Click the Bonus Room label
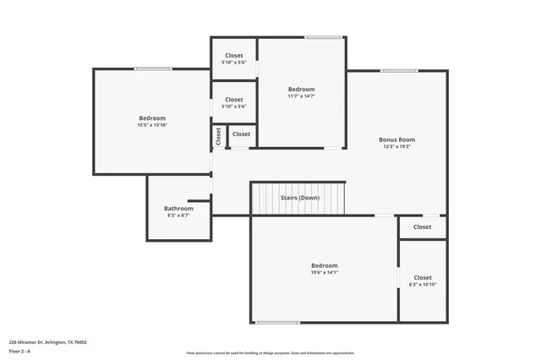(x=396, y=139)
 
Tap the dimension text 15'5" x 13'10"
(x=152, y=125)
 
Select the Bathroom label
(x=178, y=208)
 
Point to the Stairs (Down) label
(x=300, y=198)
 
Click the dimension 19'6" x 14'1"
(x=324, y=272)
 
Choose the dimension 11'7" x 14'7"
(x=301, y=96)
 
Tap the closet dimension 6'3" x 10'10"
(x=422, y=285)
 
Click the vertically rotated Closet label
(x=218, y=136)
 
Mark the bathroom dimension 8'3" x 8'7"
(x=178, y=215)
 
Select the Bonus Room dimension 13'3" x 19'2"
(x=396, y=147)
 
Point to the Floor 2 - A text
(x=21, y=351)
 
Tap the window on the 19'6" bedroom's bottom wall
(x=277, y=322)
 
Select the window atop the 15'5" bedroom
(x=153, y=69)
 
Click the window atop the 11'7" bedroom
(x=323, y=37)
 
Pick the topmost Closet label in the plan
(x=233, y=56)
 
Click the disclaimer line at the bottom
(x=270, y=353)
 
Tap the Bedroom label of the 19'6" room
(x=324, y=265)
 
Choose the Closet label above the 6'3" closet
(x=422, y=226)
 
